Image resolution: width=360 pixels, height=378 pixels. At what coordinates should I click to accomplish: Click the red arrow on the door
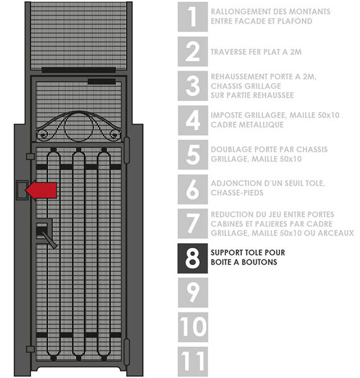41,190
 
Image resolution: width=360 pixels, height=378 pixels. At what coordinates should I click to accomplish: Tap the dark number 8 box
192,258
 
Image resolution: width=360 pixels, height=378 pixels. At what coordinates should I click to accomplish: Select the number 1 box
192,16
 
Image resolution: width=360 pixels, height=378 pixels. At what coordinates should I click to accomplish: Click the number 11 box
192,362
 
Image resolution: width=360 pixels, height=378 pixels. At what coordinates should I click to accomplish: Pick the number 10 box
192,327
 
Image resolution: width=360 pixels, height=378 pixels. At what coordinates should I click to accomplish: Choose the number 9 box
192,292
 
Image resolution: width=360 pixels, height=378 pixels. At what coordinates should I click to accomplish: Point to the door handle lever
49,239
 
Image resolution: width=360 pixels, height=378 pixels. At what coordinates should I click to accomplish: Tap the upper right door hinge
127,150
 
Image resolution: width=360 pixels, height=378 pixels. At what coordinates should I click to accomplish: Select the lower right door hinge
127,352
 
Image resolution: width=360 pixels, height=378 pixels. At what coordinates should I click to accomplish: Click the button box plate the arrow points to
22,190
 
